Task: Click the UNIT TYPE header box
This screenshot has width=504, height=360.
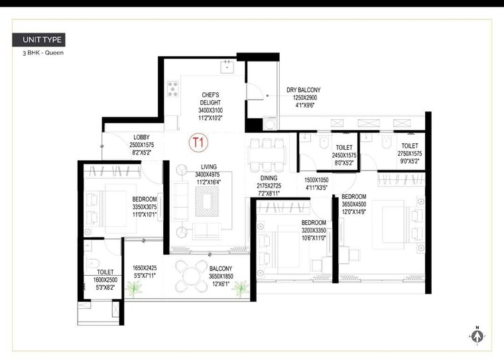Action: point(38,39)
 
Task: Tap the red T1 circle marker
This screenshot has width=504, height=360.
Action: point(198,142)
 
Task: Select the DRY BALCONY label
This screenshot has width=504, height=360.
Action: point(303,90)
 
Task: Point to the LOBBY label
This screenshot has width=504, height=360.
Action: point(141,137)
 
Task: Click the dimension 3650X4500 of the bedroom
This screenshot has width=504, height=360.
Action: point(353,205)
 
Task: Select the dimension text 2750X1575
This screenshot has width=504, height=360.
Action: point(409,154)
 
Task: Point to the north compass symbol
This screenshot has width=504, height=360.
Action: point(476,335)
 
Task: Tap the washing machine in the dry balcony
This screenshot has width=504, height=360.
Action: point(270,123)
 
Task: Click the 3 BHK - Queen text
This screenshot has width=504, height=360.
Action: point(42,52)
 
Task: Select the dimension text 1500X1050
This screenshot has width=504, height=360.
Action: point(317,180)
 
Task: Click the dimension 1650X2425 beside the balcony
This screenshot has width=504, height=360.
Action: point(144,269)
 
